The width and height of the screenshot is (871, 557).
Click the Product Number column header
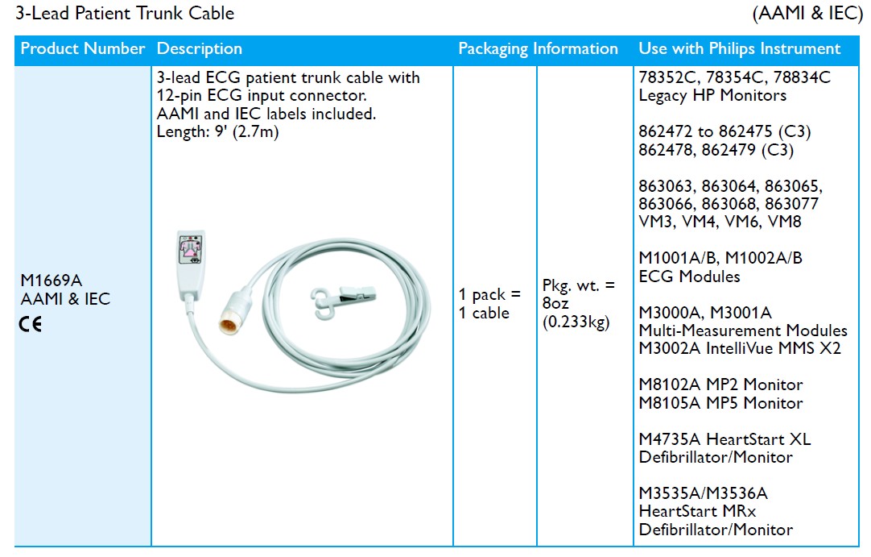point(83,49)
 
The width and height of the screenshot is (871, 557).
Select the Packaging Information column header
point(538,49)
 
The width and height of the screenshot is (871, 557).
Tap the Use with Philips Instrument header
point(739,49)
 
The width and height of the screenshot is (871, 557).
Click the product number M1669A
point(51,281)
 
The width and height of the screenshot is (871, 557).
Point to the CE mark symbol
point(31,324)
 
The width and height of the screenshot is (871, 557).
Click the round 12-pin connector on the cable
point(234,314)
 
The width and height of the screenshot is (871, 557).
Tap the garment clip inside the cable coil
point(342,301)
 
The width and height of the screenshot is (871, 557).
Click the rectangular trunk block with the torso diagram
point(191,263)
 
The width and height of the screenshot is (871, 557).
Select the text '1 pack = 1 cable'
point(489,303)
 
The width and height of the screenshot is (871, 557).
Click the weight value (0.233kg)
point(576,322)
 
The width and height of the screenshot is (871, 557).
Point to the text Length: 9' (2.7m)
point(217,132)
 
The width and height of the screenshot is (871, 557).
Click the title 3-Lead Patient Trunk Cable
point(125,13)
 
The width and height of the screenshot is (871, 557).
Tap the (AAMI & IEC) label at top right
point(807,13)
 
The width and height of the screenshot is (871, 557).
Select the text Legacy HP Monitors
point(712,96)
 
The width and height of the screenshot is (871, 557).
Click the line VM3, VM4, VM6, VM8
point(720,222)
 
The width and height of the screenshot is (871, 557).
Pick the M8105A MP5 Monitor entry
point(721,403)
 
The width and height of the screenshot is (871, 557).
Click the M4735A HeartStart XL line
point(725,439)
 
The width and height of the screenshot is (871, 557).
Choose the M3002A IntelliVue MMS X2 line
point(740,349)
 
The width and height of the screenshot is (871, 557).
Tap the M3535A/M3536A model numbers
point(704,493)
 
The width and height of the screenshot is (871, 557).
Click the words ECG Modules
point(689,276)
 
